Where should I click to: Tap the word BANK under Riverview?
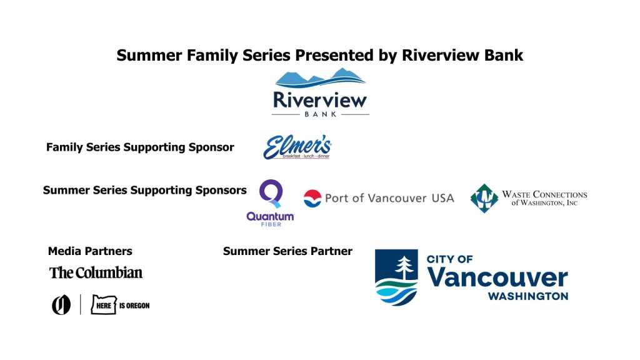(321, 114)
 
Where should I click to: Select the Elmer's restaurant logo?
(297, 147)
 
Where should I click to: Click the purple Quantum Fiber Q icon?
(271, 194)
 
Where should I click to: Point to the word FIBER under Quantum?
(271, 224)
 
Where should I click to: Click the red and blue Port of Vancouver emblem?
(312, 198)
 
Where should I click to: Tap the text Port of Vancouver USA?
(389, 198)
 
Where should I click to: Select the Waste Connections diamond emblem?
(484, 198)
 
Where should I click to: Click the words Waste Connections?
(544, 194)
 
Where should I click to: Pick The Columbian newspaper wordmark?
(96, 272)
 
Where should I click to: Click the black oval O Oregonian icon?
(61, 305)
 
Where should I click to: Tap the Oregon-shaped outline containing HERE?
(104, 304)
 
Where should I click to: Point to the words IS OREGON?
(134, 306)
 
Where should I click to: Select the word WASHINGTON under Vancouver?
(527, 296)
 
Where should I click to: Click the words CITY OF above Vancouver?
(449, 259)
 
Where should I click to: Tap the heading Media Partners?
(90, 251)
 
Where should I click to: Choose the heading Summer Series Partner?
(287, 251)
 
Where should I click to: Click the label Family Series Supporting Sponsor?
(140, 147)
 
